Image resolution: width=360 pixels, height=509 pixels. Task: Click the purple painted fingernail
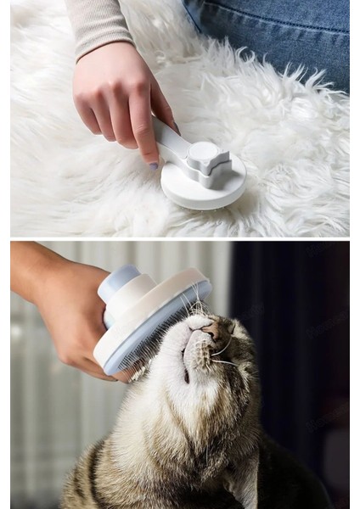154,166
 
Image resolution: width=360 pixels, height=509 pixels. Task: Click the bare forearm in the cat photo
30,263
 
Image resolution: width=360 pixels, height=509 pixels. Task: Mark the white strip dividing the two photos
180,238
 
